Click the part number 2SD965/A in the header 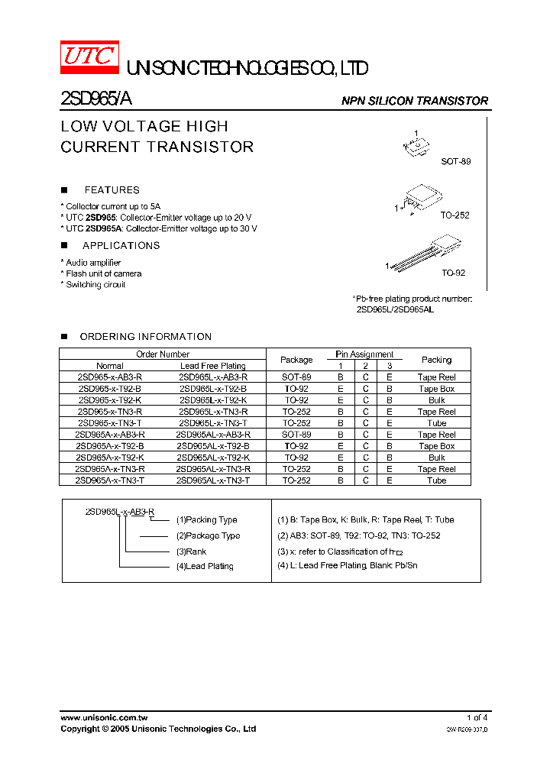(97, 100)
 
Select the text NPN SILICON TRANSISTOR (414, 101)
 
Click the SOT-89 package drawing (418, 147)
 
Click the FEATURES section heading (112, 190)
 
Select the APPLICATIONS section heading (121, 246)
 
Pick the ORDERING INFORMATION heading (145, 337)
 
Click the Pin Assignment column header (364, 354)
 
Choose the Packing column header (436, 360)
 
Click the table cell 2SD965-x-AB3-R (110, 377)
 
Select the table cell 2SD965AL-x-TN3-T (212, 480)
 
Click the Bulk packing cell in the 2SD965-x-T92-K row (436, 400)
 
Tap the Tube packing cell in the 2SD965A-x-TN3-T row (436, 480)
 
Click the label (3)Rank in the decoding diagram (191, 551)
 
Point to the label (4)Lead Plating (205, 567)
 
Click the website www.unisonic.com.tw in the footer (104, 718)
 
